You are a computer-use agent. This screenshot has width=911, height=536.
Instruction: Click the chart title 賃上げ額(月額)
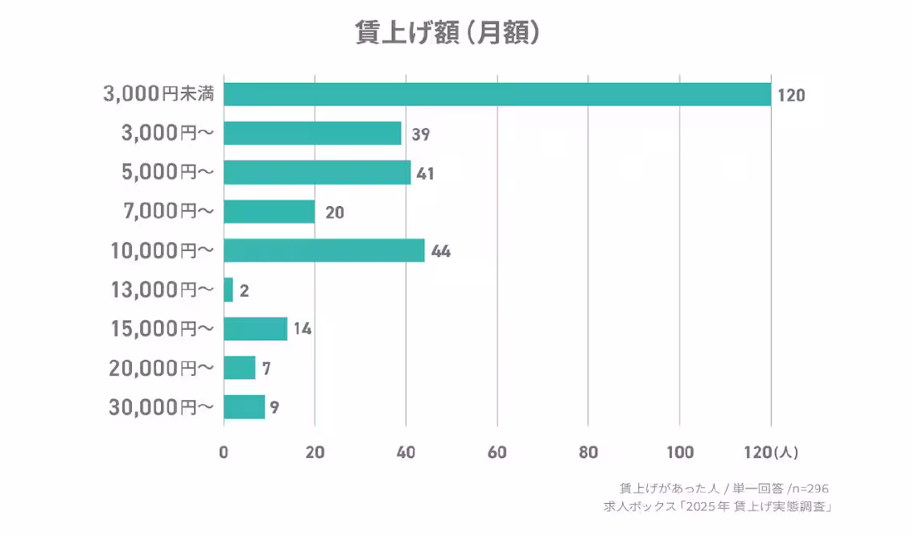447,32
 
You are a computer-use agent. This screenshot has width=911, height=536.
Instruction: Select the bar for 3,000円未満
497,94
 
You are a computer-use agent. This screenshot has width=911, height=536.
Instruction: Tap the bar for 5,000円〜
317,172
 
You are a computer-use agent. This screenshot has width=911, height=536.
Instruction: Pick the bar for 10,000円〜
324,250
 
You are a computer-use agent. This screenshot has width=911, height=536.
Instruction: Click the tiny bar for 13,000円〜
229,290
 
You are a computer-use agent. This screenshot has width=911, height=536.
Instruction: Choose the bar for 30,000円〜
244,406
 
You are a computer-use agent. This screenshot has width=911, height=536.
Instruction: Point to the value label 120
791,96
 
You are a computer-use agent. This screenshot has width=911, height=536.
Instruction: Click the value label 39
421,134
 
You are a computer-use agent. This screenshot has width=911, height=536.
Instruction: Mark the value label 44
441,251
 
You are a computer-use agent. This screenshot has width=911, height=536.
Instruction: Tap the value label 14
303,329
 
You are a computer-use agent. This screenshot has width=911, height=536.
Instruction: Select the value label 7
266,369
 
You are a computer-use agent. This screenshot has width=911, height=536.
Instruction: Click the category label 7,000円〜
167,212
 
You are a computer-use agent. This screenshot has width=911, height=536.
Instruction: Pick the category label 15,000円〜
162,329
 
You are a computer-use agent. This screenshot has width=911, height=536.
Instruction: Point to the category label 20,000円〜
162,368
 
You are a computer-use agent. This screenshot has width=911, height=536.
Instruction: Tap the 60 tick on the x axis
497,452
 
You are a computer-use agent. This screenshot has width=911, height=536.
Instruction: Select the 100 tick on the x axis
680,452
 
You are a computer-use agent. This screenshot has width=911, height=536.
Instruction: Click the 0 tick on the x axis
224,452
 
